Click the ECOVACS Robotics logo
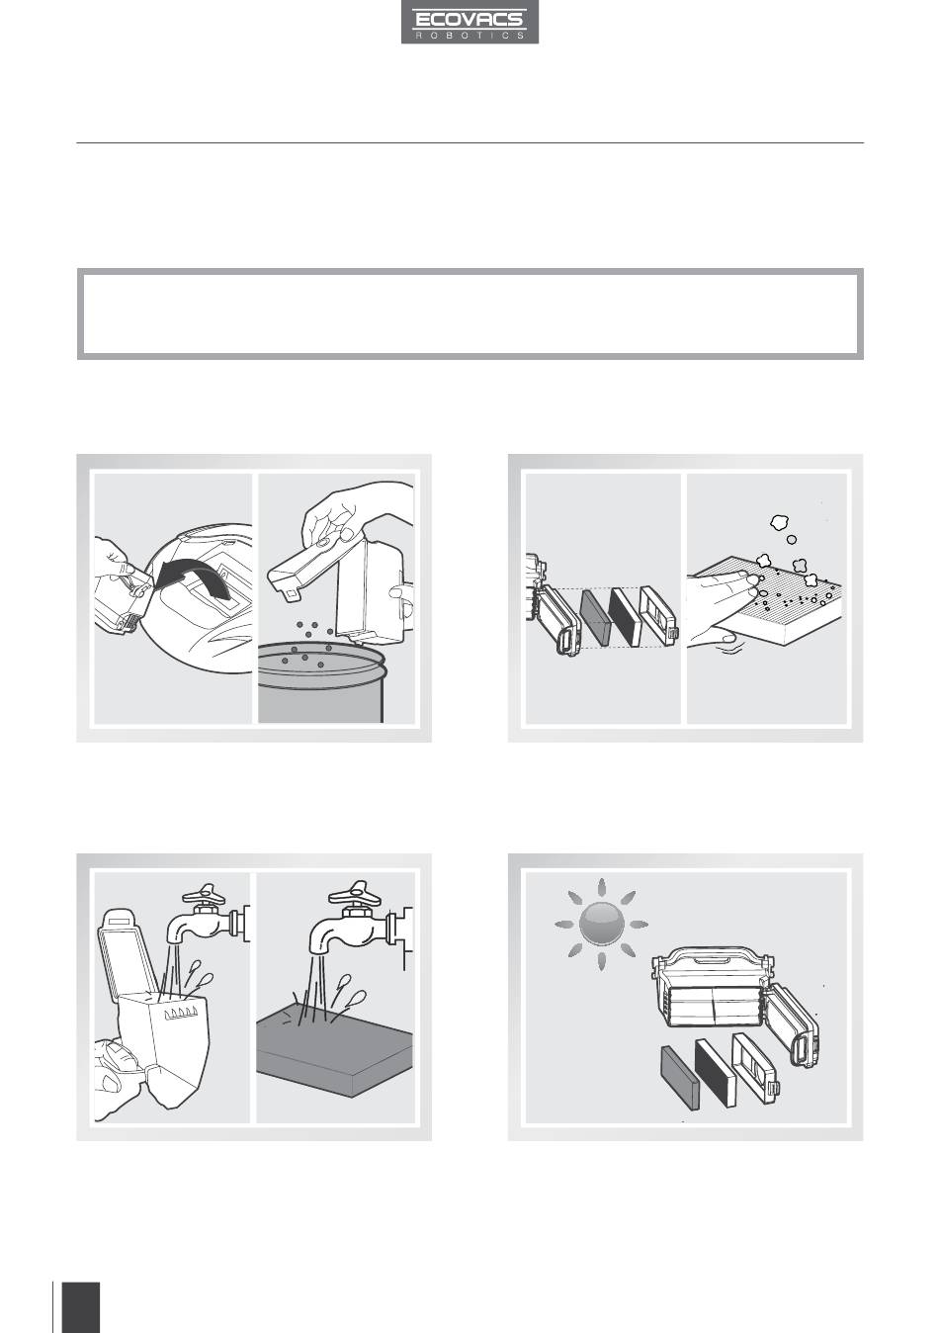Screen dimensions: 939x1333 click(469, 22)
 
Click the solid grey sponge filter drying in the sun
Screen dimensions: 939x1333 click(680, 1078)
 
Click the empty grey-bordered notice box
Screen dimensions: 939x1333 click(469, 314)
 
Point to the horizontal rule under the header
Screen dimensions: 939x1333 click(469, 142)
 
